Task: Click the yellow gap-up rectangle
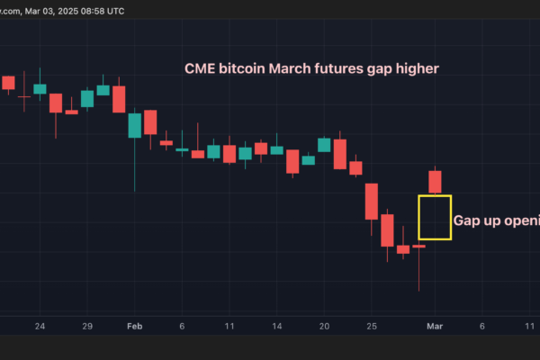(x=435, y=217)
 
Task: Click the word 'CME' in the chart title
(x=200, y=68)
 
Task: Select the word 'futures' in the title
(x=345, y=68)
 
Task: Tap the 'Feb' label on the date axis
(x=135, y=326)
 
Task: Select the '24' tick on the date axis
(x=40, y=326)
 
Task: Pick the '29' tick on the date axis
(x=87, y=326)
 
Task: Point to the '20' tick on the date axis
(x=324, y=326)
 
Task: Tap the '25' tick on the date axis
(x=371, y=326)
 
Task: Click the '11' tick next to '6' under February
(x=229, y=326)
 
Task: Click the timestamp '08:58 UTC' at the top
(x=99, y=11)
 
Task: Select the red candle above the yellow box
(x=436, y=181)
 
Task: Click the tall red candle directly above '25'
(x=371, y=201)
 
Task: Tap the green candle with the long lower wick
(x=134, y=125)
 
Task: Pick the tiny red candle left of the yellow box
(x=418, y=246)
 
